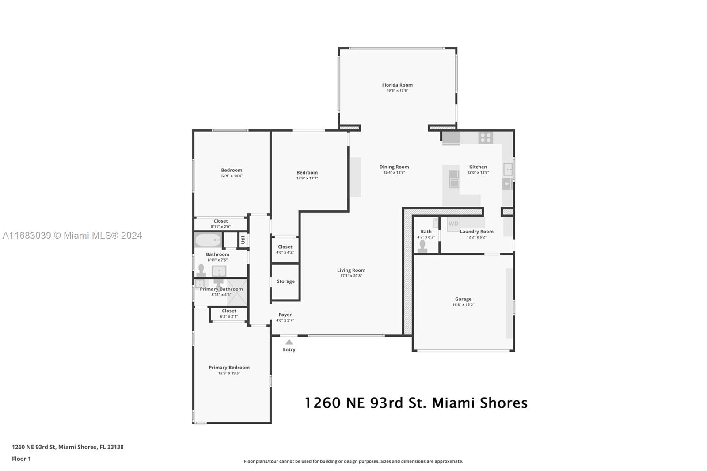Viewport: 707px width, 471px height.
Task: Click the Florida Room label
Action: point(397,85)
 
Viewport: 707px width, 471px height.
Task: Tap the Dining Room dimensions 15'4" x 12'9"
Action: point(394,172)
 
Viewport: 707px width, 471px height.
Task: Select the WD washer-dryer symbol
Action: point(453,224)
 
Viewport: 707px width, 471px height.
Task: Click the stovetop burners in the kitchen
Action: point(486,138)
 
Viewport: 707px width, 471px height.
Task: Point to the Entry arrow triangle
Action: point(289,342)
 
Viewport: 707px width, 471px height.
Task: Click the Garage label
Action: point(463,299)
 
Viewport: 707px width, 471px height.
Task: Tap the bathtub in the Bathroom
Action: point(208,240)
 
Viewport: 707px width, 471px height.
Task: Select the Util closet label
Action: point(243,240)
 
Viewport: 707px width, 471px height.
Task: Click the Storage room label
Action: point(285,281)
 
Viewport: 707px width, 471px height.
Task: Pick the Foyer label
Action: point(285,315)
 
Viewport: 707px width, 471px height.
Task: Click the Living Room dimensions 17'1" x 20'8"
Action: point(351,276)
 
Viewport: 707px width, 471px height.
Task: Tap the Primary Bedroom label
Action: point(229,368)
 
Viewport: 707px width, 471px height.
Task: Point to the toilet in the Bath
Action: point(422,247)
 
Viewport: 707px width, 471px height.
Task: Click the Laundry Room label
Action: point(476,232)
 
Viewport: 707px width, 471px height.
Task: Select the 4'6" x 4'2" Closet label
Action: point(285,249)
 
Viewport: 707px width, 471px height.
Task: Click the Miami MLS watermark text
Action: point(72,235)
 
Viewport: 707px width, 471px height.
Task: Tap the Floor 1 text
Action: point(21,459)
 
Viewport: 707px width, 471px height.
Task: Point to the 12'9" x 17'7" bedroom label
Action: point(307,175)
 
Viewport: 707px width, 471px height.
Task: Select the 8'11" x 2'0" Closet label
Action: point(220,224)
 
